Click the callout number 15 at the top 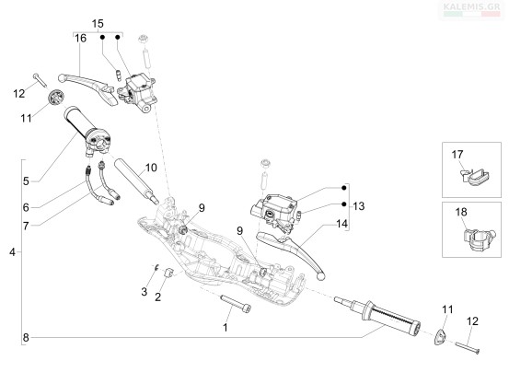pos(98,24)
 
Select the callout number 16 pos(80,39)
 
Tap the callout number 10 pos(151,168)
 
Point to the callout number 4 pos(12,251)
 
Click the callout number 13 pos(359,206)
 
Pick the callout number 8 pos(26,338)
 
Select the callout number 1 pos(226,328)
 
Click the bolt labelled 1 pos(236,304)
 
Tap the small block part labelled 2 pos(169,273)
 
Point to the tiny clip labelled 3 pos(156,267)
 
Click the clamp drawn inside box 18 pos(479,239)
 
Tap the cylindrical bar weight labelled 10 pos(136,181)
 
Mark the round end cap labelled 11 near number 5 pos(55,97)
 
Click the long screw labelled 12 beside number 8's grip pos(468,348)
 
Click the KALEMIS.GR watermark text pos(471,6)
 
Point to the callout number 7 pos(26,226)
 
